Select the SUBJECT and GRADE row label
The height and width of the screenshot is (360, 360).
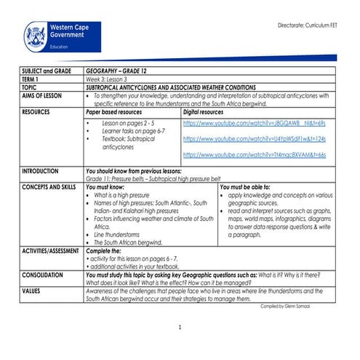pos(47,72)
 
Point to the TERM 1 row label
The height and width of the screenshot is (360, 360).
pos(33,79)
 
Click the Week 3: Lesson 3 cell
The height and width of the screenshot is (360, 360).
pos(106,79)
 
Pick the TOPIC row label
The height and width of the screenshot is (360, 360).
pos(31,87)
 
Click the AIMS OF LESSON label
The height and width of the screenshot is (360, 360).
pos(42,95)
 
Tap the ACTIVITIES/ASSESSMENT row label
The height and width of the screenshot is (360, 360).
pos(50,250)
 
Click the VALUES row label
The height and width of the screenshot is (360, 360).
pos(32,291)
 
